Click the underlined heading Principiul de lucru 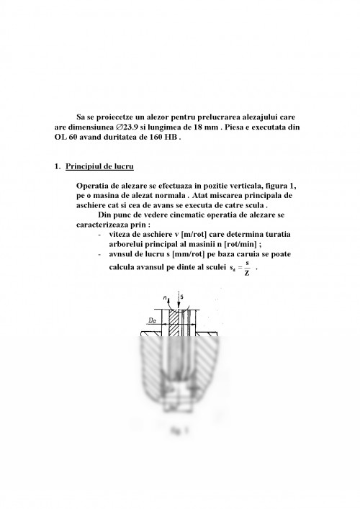coord(98,167)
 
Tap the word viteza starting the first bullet coord(117,235)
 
